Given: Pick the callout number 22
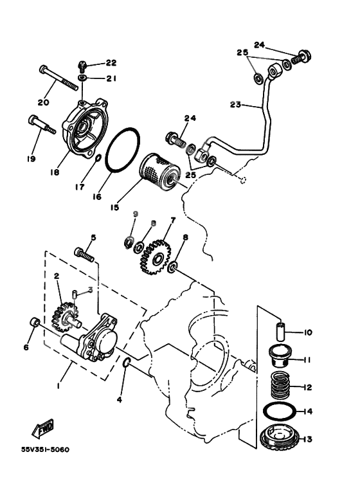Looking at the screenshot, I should point(111,63).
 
